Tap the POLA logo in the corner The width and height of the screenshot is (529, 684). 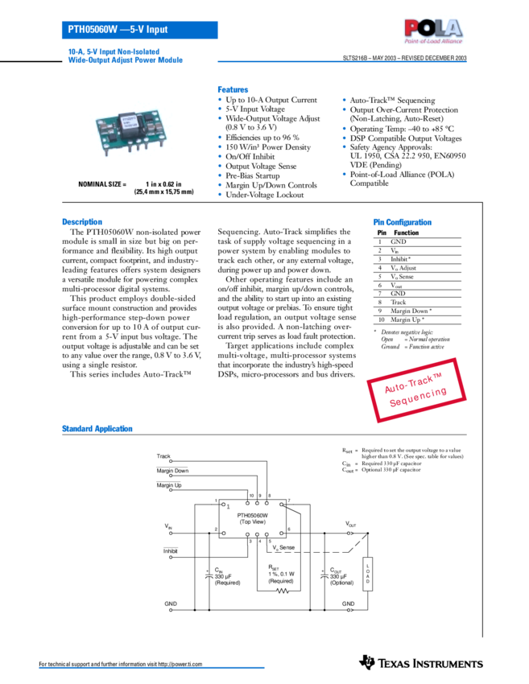pos(433,30)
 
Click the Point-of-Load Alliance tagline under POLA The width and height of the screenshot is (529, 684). pos(433,40)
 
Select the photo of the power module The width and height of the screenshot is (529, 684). pos(132,132)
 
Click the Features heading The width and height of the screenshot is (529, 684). pos(233,89)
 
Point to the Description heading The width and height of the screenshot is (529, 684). pos(82,222)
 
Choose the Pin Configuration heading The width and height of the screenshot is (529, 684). pos(402,222)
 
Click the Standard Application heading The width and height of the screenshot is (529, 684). pos(97,429)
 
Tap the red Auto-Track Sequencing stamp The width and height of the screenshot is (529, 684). pos(416,389)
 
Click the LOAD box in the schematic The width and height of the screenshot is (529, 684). pos(367,574)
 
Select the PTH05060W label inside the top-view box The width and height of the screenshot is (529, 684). pos(252,515)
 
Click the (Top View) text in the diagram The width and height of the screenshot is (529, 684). pos(252,522)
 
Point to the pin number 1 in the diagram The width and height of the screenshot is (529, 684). pos(228,507)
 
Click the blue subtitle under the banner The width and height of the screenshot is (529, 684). pos(125,56)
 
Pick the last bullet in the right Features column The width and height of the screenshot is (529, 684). pos(344,174)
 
